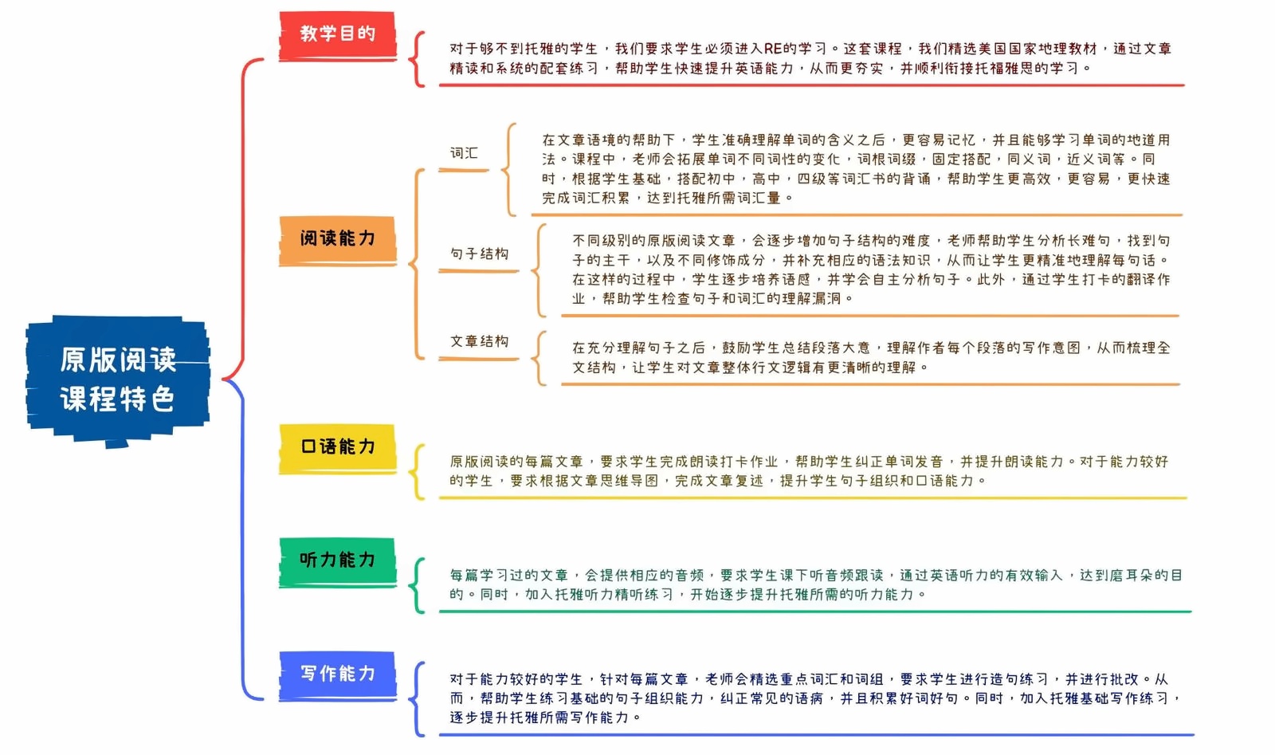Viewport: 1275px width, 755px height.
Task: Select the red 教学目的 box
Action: [x=337, y=35]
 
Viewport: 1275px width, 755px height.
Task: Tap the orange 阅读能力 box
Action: [x=337, y=240]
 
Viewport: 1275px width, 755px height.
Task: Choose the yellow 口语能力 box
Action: [x=337, y=449]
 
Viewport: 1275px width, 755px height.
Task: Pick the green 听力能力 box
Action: [x=337, y=562]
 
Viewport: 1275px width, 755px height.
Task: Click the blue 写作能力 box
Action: [x=337, y=676]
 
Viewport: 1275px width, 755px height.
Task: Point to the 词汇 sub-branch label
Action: [x=464, y=152]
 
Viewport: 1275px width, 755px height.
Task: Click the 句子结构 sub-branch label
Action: [x=479, y=254]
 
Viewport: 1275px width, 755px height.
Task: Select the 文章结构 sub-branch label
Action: [x=479, y=341]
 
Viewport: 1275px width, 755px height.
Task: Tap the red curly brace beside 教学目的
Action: [x=418, y=59]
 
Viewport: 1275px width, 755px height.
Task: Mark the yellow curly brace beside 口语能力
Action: [x=418, y=472]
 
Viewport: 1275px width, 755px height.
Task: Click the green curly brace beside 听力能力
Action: [x=418, y=585]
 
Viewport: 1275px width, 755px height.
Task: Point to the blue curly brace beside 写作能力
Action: [x=418, y=699]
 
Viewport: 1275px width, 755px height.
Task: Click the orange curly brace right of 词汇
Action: [x=509, y=170]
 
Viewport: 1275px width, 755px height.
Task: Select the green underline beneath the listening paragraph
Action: [x=815, y=611]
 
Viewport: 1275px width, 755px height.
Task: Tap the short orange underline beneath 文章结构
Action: [x=479, y=359]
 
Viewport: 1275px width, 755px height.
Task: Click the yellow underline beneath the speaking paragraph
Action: [x=813, y=497]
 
